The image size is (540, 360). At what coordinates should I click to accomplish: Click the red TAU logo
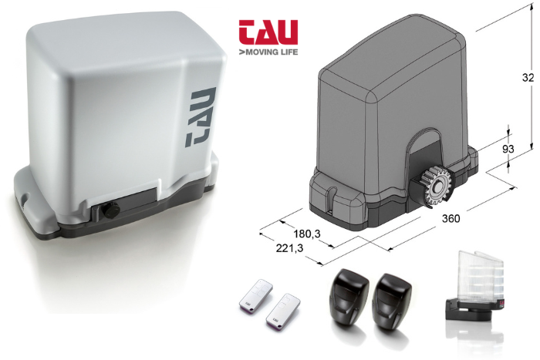268,32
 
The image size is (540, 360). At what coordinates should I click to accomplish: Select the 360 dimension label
451,218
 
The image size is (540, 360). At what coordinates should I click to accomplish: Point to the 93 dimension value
508,149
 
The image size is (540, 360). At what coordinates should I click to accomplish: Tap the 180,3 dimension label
306,234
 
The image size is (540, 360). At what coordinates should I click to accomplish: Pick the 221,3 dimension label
289,247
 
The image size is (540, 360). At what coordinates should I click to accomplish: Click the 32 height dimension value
528,77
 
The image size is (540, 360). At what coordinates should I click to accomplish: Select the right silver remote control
283,310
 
